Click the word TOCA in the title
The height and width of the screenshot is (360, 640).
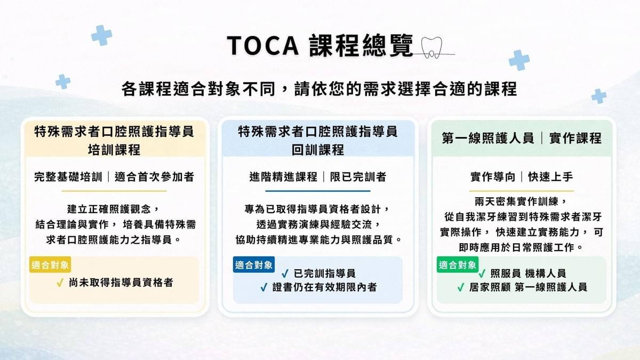(x=263, y=46)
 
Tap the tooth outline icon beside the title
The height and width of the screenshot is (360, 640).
(x=431, y=47)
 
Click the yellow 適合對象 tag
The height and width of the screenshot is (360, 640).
(x=50, y=265)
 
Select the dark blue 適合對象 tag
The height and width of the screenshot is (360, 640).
(x=254, y=265)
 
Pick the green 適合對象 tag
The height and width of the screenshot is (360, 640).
(x=458, y=265)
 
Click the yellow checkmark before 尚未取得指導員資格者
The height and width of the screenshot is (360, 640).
(x=60, y=283)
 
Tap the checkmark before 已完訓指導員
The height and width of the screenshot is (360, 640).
(x=285, y=274)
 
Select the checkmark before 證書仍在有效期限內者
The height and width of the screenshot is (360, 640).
(x=263, y=287)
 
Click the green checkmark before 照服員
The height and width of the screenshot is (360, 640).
(x=482, y=274)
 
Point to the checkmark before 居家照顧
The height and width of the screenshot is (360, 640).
(x=461, y=287)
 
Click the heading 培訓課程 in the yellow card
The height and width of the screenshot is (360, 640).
(x=114, y=150)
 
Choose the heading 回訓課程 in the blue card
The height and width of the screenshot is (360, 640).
(x=318, y=150)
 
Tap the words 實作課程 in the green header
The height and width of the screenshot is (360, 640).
(x=575, y=138)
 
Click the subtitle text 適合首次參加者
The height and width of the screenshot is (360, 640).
(x=154, y=177)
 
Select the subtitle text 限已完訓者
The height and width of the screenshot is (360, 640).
(x=358, y=177)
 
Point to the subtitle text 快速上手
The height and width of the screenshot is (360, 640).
(x=550, y=177)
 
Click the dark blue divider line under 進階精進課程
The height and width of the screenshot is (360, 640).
(x=318, y=191)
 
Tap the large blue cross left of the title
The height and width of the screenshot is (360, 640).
(x=102, y=35)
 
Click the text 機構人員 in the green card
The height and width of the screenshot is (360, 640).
(x=546, y=274)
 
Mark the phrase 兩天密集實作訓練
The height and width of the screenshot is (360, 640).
(x=517, y=202)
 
